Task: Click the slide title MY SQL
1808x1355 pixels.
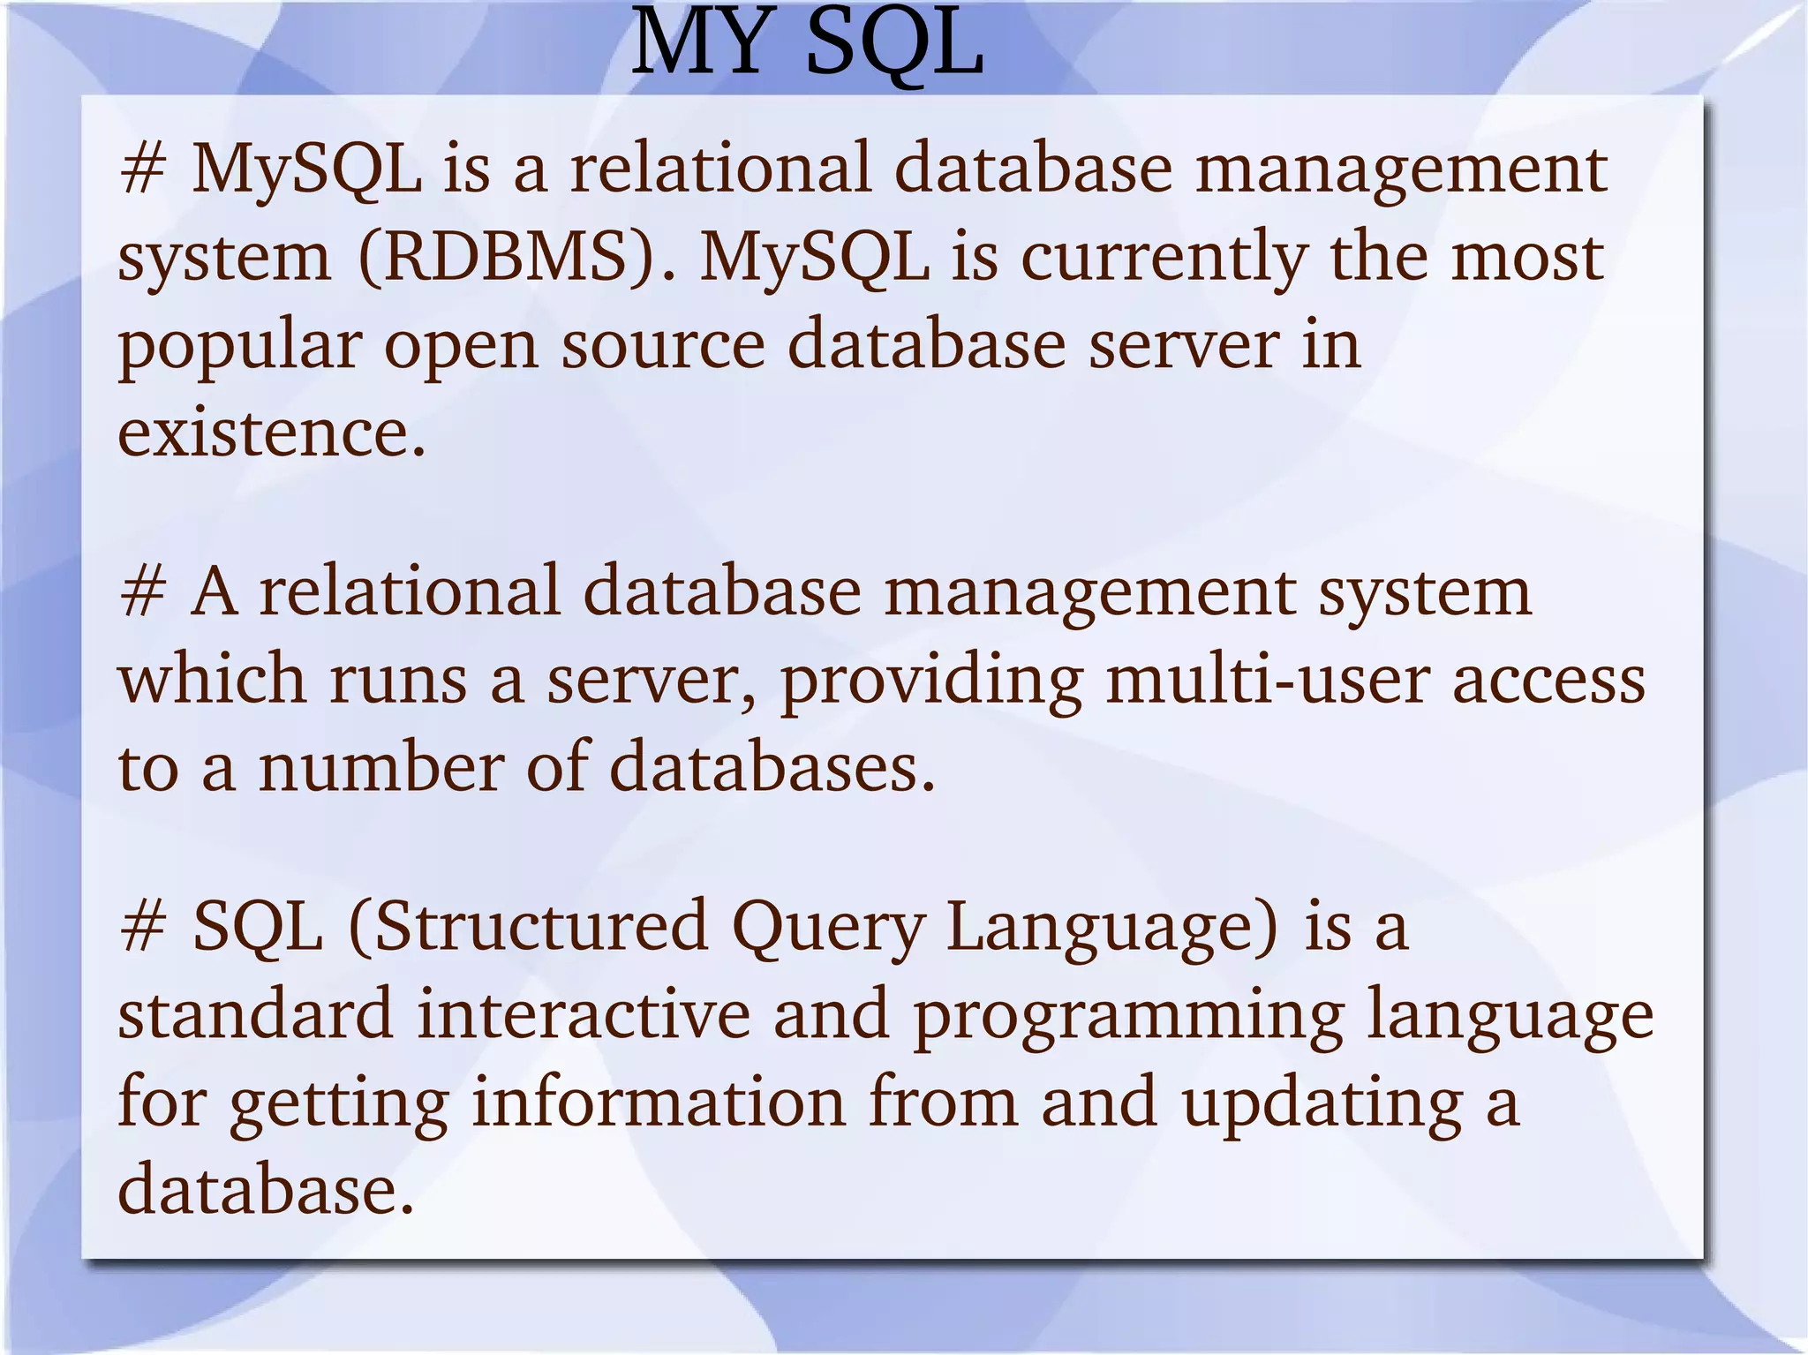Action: (x=807, y=44)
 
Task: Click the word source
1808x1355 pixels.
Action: (x=664, y=345)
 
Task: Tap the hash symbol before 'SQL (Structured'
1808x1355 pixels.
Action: (x=142, y=926)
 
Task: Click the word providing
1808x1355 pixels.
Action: (x=931, y=680)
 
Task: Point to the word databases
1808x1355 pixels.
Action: (x=772, y=767)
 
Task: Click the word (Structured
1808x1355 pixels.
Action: (x=529, y=926)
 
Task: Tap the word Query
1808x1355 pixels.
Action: (x=828, y=926)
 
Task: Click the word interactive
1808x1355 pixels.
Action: (x=584, y=1014)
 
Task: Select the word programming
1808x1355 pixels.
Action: (x=1128, y=1014)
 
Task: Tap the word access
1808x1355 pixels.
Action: (x=1548, y=680)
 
